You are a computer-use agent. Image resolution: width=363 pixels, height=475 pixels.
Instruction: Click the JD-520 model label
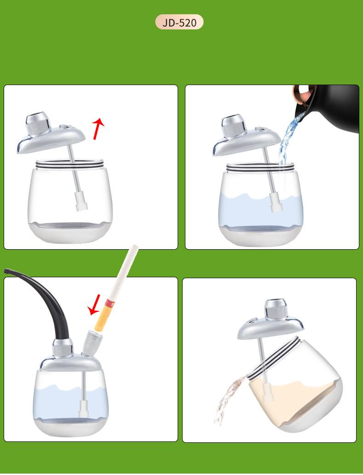179,22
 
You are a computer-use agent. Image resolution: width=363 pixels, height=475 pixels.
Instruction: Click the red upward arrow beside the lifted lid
98,129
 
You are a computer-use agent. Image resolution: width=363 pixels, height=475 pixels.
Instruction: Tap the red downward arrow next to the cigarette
94,304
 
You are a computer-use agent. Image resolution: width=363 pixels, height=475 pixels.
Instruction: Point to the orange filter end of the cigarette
101,315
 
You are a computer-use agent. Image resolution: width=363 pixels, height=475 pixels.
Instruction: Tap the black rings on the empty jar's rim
70,165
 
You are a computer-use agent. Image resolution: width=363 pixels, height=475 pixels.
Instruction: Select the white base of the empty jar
70,233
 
